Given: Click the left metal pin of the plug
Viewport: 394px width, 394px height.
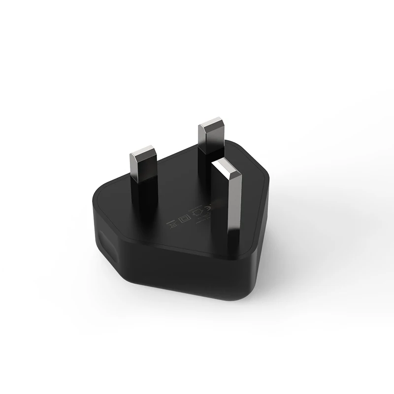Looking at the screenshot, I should (x=143, y=167).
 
